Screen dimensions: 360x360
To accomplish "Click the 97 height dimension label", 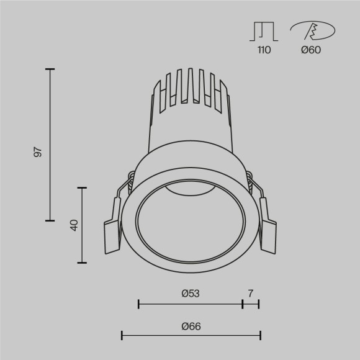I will click(38, 151).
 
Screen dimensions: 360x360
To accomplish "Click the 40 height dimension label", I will click(74, 225).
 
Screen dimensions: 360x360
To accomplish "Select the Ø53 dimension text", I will click(190, 292).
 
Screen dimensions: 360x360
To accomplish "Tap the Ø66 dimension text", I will click(191, 325).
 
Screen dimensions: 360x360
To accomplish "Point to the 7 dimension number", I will click(250, 292).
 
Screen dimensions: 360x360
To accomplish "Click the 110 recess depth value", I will click(264, 50).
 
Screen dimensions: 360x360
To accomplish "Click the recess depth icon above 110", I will click(264, 32).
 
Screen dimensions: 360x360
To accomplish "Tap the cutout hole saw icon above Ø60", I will click(313, 30).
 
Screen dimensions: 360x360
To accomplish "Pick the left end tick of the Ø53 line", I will click(138, 304).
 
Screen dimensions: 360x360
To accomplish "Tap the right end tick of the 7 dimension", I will click(259, 304).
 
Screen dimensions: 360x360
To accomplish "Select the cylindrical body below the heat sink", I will click(190, 133).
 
